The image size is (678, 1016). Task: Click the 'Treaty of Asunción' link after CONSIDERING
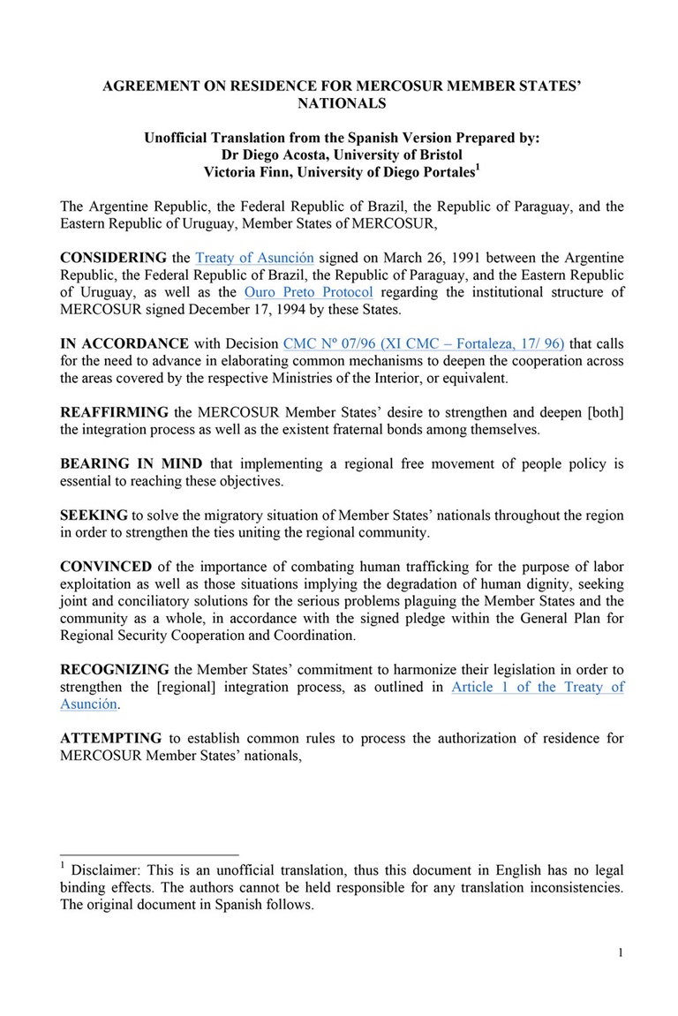coord(254,258)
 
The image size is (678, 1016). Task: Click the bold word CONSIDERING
coord(113,258)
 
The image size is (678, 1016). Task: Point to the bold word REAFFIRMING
coord(114,412)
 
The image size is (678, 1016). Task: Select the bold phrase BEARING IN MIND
coord(131,463)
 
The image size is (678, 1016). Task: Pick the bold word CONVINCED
coord(106,567)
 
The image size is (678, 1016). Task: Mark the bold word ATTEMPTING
coord(110,738)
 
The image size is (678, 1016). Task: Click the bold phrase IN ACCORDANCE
coord(124,343)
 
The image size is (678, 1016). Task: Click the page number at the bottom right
coord(621,952)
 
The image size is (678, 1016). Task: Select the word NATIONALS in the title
coord(342,102)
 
